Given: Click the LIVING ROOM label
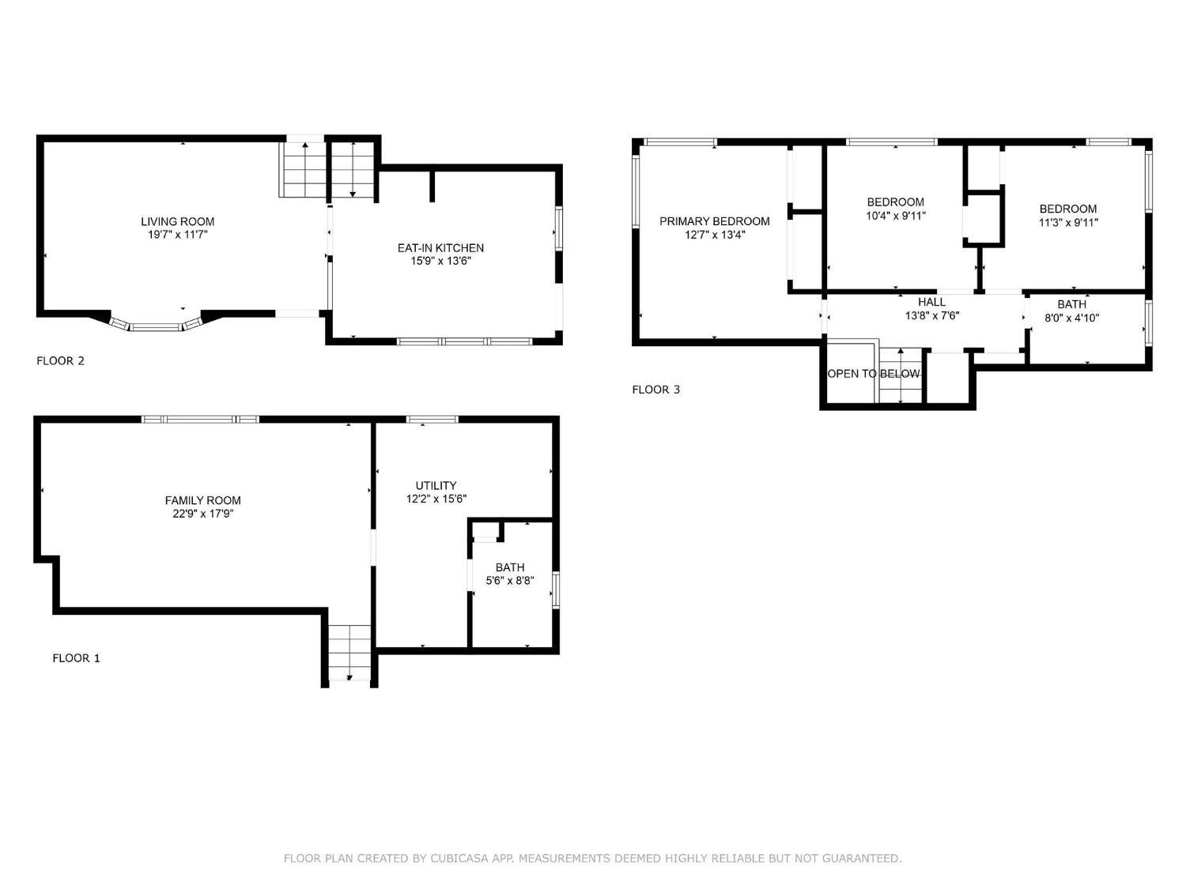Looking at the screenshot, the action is click(177, 221).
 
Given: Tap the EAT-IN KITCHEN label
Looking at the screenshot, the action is click(440, 248).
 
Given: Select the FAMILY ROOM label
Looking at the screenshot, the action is click(202, 500).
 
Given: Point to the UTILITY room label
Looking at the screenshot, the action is click(436, 485).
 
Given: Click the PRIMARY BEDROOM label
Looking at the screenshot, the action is click(714, 221).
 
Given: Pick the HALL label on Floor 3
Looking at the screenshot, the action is click(931, 303).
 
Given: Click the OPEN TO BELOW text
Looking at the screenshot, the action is click(873, 374).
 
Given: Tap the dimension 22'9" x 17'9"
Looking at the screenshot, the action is click(202, 514).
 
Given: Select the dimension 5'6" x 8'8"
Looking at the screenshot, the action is click(509, 581).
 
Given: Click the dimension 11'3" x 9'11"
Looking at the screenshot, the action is click(1067, 222).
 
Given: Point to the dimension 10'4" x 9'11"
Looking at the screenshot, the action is click(895, 216).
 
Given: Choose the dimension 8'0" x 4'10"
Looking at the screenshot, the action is click(1071, 318).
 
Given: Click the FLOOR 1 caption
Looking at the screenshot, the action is click(76, 658).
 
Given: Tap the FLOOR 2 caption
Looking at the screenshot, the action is click(61, 360).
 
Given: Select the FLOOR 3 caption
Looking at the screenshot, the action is click(656, 389).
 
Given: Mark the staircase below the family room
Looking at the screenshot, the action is click(349, 652).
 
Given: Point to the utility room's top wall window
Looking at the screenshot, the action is click(432, 420).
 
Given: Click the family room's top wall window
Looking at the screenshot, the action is click(200, 420).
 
